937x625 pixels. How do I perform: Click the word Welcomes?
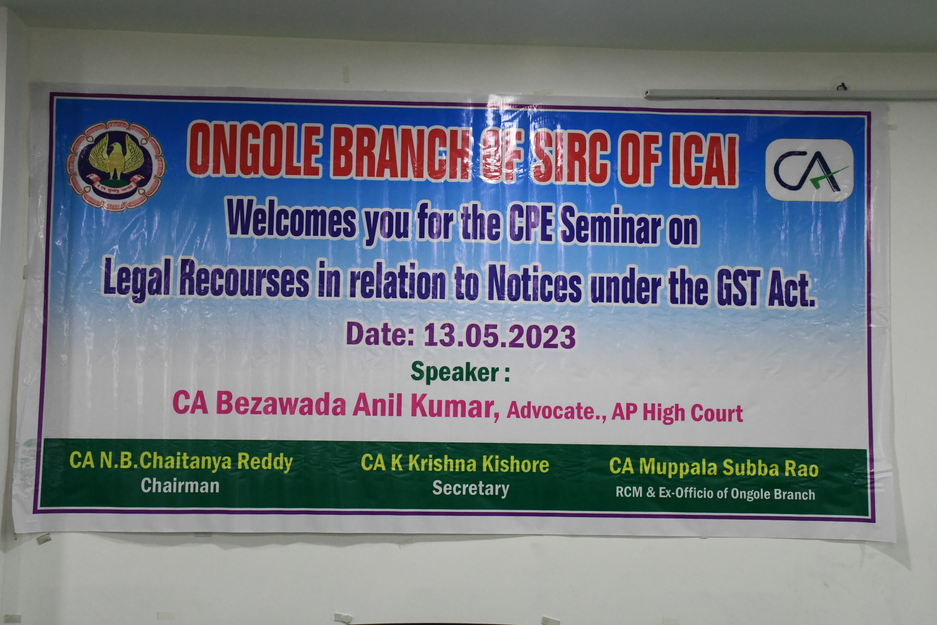tap(292, 220)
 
